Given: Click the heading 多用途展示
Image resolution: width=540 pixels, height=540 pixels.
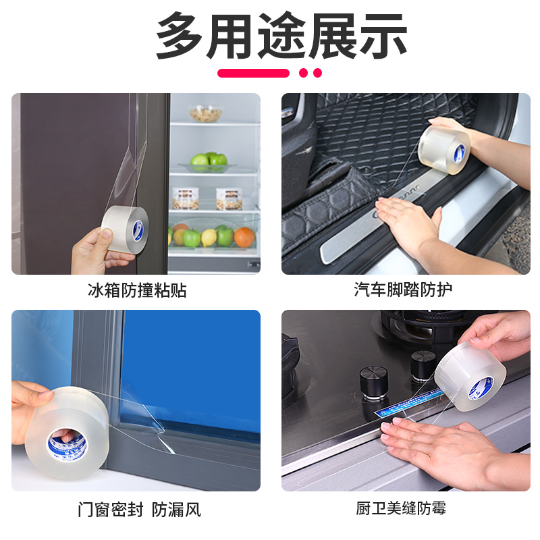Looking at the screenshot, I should point(281,34).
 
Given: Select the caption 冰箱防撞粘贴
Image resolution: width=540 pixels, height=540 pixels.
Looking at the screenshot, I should point(137,291).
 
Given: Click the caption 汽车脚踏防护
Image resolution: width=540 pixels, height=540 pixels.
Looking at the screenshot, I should point(404,291).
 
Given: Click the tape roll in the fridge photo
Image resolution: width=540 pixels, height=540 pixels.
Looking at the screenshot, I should point(125,230).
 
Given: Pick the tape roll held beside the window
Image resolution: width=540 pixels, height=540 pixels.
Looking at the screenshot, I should point(64,432).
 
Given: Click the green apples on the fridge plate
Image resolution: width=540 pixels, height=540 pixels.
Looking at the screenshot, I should point(209,161).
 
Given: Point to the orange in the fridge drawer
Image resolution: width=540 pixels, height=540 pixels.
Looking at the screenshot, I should point(244,237).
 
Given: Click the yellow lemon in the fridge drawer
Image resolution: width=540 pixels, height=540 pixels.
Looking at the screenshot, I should point(209,237).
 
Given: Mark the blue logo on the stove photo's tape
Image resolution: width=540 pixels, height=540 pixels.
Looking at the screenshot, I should point(484,387).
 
